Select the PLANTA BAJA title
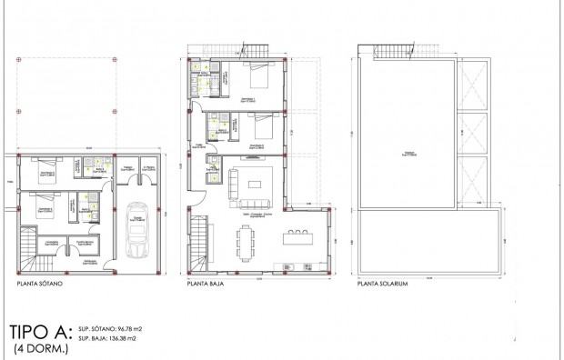(206, 284)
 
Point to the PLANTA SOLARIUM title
(383, 284)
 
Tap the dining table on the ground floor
(247, 240)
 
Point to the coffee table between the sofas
(254, 184)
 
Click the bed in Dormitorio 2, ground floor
(260, 128)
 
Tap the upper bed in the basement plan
(44, 172)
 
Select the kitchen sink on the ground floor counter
(288, 267)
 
